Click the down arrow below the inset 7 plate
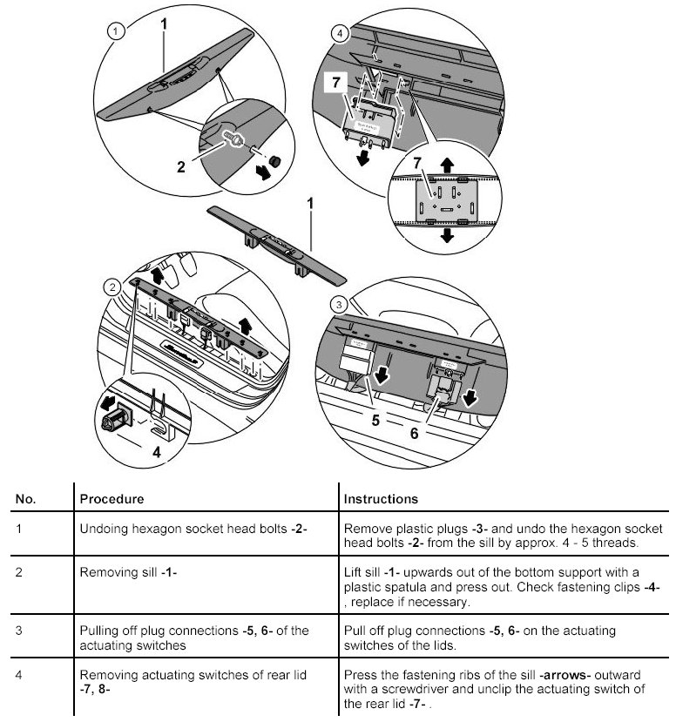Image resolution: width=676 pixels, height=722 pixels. coord(448,235)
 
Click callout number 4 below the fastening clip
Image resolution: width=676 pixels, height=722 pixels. coord(158,453)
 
